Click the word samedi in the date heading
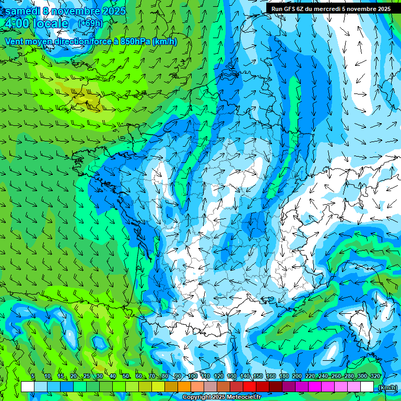coord(22,10)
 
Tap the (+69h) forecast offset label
coord(90,23)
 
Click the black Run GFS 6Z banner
coord(331,9)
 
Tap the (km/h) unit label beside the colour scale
coord(387,387)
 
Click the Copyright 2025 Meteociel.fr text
coord(221,397)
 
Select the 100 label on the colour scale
coord(193,376)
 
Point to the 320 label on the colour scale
coord(375,376)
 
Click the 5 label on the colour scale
coord(33,376)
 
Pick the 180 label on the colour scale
coord(284,376)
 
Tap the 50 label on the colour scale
coord(126,376)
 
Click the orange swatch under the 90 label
coord(184,387)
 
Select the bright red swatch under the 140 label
coord(250,387)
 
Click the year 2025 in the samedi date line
coord(114,10)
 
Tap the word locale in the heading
coord(50,23)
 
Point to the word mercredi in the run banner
coord(327,9)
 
